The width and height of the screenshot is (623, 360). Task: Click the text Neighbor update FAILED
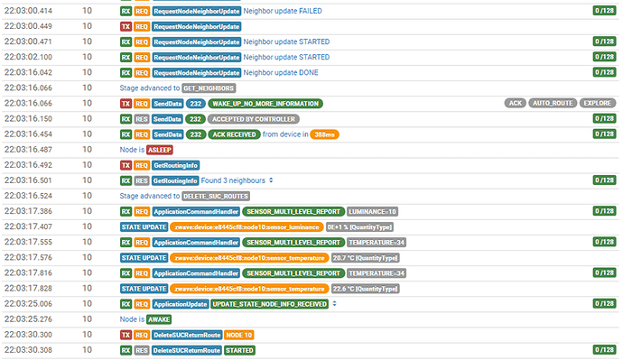point(283,11)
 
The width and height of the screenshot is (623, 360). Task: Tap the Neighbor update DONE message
point(281,73)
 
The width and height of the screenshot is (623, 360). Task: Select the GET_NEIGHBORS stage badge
point(209,88)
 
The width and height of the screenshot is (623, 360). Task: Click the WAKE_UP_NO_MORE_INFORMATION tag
point(265,104)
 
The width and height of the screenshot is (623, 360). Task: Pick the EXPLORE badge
point(597,103)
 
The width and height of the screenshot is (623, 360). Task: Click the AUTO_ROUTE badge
point(553,103)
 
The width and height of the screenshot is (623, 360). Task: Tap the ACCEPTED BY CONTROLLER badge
point(254,119)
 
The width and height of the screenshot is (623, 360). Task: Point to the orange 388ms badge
point(324,134)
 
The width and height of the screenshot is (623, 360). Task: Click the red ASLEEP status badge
point(160,150)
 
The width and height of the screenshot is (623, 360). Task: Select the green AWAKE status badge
point(159,319)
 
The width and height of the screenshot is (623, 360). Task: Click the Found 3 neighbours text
point(233,180)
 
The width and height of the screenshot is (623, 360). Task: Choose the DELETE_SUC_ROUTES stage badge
point(216,196)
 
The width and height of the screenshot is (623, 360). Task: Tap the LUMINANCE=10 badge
point(372,211)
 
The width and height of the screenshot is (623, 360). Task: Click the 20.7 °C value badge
point(365,258)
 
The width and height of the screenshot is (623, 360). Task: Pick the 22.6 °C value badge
point(365,289)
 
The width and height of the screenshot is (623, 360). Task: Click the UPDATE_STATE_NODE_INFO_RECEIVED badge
point(270,304)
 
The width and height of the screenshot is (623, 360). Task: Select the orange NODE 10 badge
point(238,335)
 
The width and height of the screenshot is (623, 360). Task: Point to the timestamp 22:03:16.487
point(28,150)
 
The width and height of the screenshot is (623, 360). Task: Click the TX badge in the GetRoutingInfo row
point(126,165)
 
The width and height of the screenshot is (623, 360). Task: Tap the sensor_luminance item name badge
point(246,227)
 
